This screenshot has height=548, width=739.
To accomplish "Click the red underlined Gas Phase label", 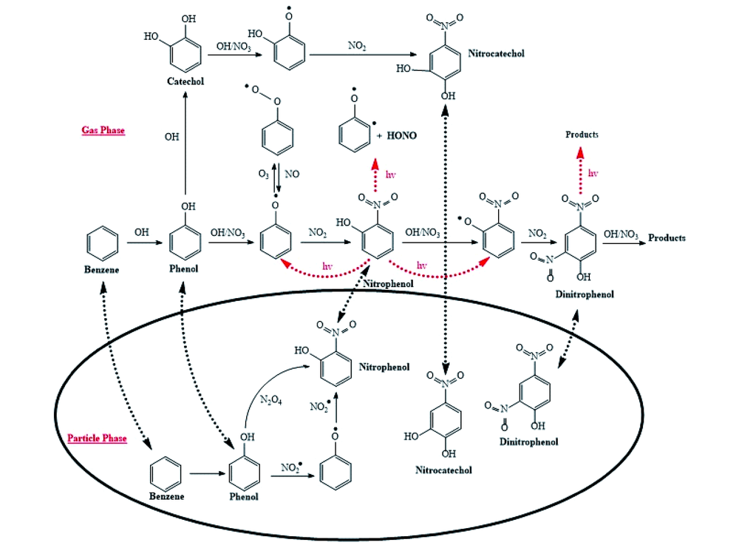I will pos(103,130).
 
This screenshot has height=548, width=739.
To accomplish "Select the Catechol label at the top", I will pos(185,81).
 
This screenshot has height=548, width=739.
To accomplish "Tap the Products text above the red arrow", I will pos(582,135).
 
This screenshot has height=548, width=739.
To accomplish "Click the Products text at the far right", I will pos(667,237).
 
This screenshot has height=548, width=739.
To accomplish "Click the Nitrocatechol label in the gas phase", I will pos(496,53).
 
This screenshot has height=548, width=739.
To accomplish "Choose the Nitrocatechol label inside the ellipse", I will pos(443,470).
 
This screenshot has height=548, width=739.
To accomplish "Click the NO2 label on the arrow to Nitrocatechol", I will pos(358,46).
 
